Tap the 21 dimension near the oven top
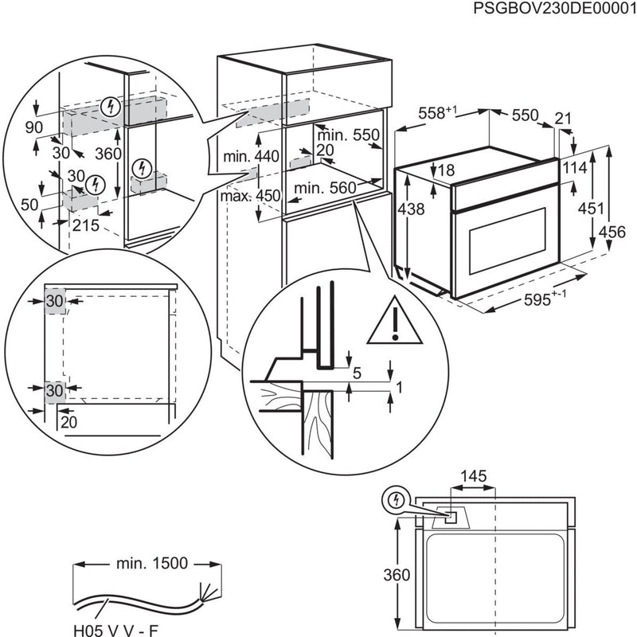564,119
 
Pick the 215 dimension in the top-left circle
85,225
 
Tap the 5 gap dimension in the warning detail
357,372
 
